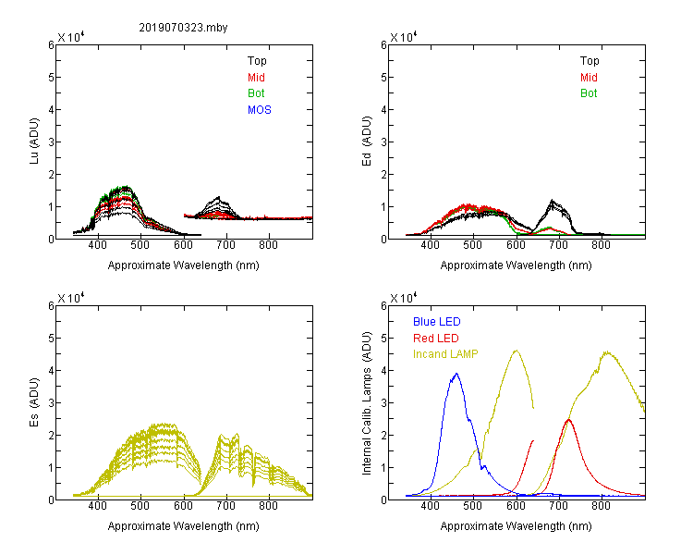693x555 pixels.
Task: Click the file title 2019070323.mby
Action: click(183, 28)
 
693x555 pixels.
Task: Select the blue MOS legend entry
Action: click(260, 110)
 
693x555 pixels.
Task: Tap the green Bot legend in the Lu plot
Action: click(256, 93)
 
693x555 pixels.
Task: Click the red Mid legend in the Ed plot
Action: click(589, 78)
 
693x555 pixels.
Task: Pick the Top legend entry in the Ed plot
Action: click(590, 61)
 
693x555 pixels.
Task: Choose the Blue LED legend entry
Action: click(437, 322)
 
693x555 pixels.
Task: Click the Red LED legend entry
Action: click(436, 339)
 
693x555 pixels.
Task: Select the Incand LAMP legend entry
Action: click(445, 354)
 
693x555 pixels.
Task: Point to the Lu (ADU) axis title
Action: click(34, 142)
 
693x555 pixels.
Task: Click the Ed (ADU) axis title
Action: click(367, 142)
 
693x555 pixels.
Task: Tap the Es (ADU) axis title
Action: click(34, 402)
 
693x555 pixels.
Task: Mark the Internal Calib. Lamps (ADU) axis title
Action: click(367, 403)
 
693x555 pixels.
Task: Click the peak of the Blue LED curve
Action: click(456, 374)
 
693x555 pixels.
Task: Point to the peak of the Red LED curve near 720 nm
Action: click(569, 420)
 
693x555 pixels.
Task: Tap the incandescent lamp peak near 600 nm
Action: click(517, 351)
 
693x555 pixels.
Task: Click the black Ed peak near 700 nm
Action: click(552, 201)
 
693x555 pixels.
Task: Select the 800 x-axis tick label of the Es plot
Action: click(268, 506)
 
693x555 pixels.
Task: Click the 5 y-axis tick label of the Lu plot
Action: click(51, 78)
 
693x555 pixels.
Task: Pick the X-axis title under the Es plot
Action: click(184, 526)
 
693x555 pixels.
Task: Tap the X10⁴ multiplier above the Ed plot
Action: click(404, 37)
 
